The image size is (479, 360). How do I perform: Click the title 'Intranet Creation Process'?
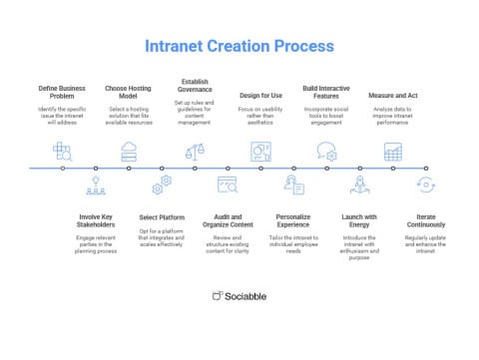[x=239, y=47]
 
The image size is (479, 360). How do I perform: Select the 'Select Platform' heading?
[x=162, y=216]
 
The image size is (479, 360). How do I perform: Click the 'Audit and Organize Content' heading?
[x=228, y=221]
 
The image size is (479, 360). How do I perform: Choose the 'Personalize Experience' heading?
[x=293, y=221]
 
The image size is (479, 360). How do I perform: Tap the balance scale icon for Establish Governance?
[x=195, y=152]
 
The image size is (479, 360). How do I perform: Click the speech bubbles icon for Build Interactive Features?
[x=326, y=152]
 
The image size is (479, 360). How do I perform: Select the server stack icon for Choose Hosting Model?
[x=129, y=152]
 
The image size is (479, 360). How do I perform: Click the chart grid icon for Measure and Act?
[x=392, y=152]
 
